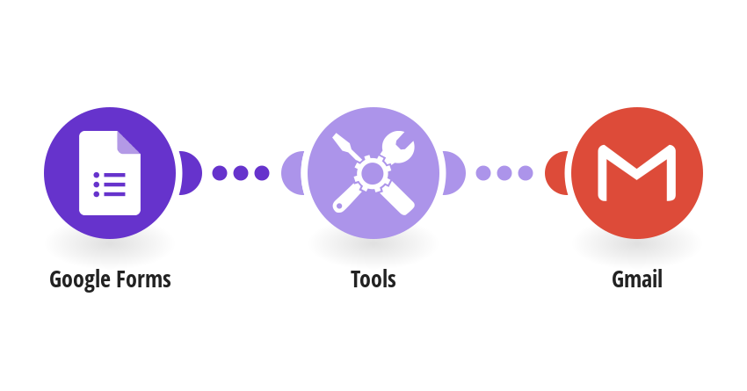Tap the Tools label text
[373, 279]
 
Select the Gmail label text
[637, 279]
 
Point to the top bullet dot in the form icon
[97, 175]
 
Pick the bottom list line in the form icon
[115, 194]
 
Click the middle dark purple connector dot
[241, 173]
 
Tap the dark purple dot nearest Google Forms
[220, 173]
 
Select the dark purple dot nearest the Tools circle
[262, 173]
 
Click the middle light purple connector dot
[504, 173]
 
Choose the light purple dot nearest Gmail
[526, 173]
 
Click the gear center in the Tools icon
[372, 173]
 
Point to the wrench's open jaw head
[399, 146]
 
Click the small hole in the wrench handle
[339, 206]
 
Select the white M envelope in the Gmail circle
[637, 172]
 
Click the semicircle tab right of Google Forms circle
[190, 173]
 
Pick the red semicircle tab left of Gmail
[556, 173]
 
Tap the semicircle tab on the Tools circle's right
[453, 173]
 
